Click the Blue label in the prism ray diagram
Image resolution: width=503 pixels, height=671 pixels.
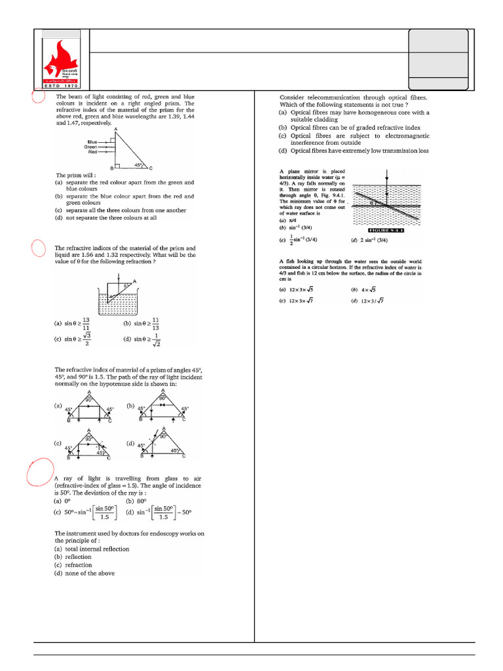click(92, 142)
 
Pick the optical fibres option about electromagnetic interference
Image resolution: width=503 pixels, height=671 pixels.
click(354, 139)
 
